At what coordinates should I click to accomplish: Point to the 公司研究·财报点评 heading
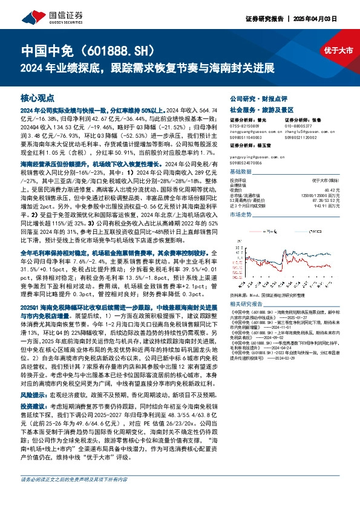pyautogui.click(x=258, y=97)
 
